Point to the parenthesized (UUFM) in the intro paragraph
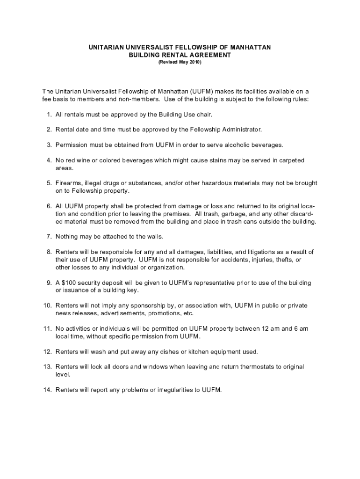[x=201, y=92]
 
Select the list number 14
[x=47, y=390]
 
